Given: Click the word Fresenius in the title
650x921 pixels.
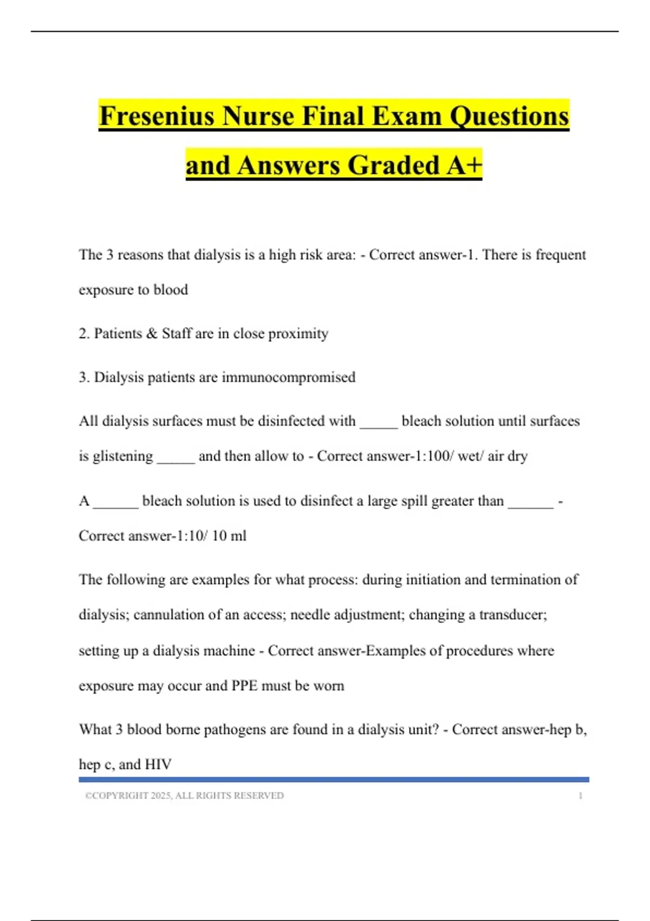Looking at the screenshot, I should pyautogui.click(x=157, y=116).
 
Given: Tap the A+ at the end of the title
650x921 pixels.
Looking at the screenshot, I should pyautogui.click(x=464, y=165).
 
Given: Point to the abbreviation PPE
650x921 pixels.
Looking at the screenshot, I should pyautogui.click(x=244, y=686).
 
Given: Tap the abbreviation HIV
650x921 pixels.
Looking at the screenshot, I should pyautogui.click(x=158, y=764).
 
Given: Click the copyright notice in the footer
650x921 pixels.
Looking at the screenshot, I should pyautogui.click(x=184, y=796).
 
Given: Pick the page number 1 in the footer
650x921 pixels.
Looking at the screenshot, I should pyautogui.click(x=580, y=796).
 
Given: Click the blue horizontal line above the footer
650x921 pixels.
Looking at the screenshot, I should pyautogui.click(x=334, y=780).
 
